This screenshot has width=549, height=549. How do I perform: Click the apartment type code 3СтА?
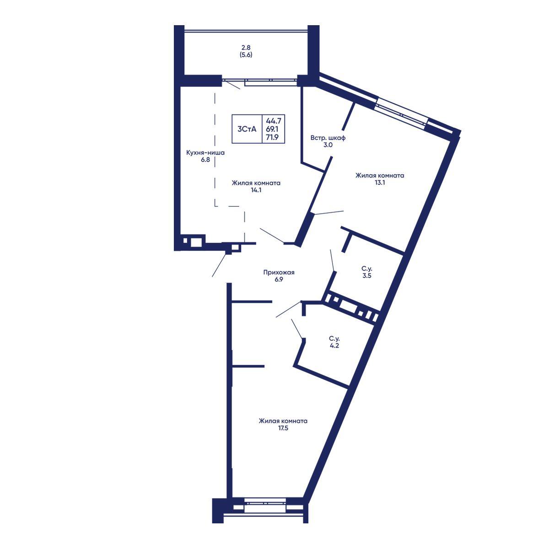tap(247, 129)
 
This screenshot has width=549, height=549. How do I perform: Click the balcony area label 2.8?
tap(246, 47)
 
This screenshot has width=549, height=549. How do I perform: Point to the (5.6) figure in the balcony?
tap(246, 55)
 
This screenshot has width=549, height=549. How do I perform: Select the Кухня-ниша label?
tap(205, 153)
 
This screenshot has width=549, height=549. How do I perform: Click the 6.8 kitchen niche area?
tap(205, 160)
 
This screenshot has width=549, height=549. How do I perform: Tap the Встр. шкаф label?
tap(328, 138)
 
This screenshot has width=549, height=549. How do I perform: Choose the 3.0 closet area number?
tap(328, 145)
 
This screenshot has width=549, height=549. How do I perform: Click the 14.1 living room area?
tap(256, 190)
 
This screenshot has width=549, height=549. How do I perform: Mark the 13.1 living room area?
tap(380, 183)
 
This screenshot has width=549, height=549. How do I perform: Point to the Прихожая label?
tap(279, 273)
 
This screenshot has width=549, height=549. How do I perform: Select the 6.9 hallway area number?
tap(279, 280)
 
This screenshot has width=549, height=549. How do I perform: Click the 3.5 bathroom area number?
tap(366, 276)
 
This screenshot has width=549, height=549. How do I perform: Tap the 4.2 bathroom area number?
tap(334, 346)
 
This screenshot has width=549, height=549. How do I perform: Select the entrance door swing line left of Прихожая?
tap(219, 265)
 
